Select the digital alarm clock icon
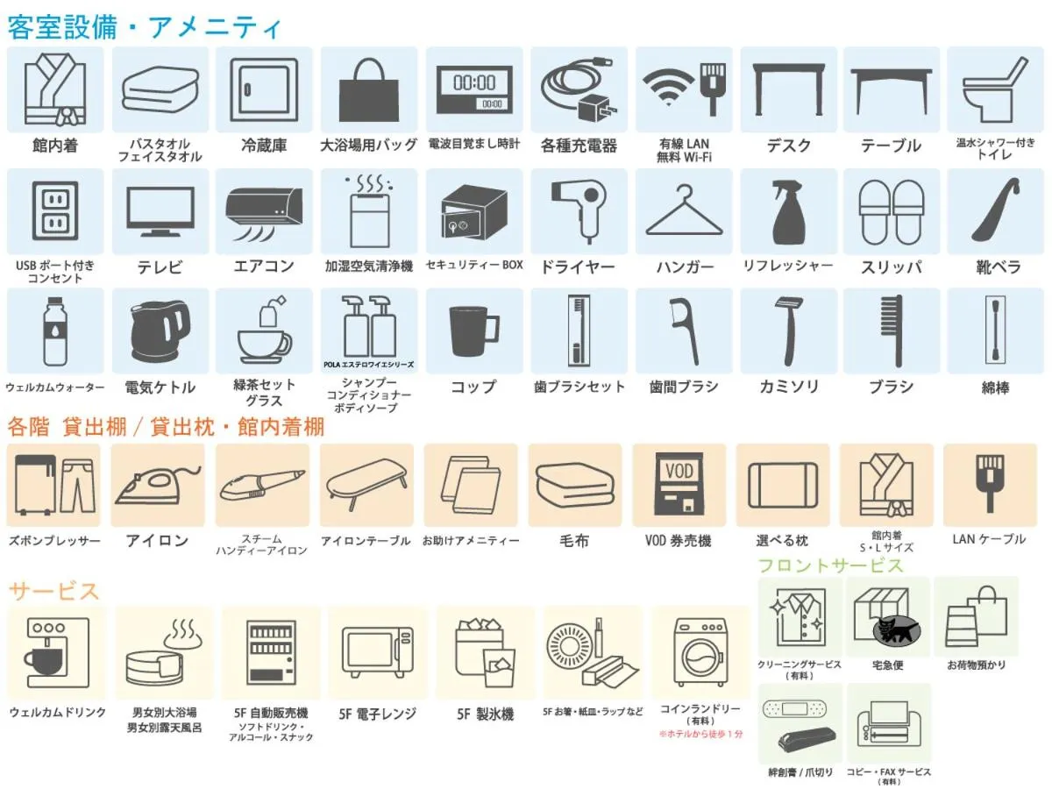(474, 90)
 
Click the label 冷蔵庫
(264, 146)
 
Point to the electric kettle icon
(160, 331)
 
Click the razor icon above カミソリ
(789, 331)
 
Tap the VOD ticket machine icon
(679, 484)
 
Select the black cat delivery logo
(895, 631)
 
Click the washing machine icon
(700, 651)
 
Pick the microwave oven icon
(378, 651)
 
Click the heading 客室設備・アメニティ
(144, 27)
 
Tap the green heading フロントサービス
(831, 565)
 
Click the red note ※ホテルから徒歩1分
(700, 734)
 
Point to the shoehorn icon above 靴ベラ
(996, 209)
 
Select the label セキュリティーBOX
(474, 265)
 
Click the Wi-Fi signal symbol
(667, 86)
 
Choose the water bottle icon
(54, 331)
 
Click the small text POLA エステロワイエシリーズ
(368, 365)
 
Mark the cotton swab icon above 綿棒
(995, 331)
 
